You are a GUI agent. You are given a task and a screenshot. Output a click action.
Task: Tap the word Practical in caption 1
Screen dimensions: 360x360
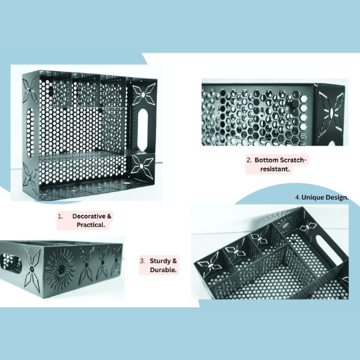[91, 225]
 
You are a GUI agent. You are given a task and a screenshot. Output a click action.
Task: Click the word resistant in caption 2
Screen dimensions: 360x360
[275, 169]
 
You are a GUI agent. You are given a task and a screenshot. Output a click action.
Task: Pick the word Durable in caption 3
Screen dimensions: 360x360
[163, 270]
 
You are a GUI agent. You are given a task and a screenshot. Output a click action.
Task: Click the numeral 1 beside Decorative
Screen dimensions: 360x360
[60, 217]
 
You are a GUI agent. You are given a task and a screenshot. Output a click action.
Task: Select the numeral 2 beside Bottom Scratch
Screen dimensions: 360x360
[249, 160]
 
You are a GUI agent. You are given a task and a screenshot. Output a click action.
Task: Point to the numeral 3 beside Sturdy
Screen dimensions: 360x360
[142, 261]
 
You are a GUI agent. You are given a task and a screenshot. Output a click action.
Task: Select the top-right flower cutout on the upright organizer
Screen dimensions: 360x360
[143, 94]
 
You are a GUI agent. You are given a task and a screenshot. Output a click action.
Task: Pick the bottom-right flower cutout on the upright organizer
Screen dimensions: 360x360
[142, 166]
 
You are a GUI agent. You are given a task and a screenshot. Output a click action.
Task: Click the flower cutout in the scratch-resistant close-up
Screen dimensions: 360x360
[331, 113]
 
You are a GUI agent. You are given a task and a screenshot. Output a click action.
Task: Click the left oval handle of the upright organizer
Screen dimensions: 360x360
[30, 132]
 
